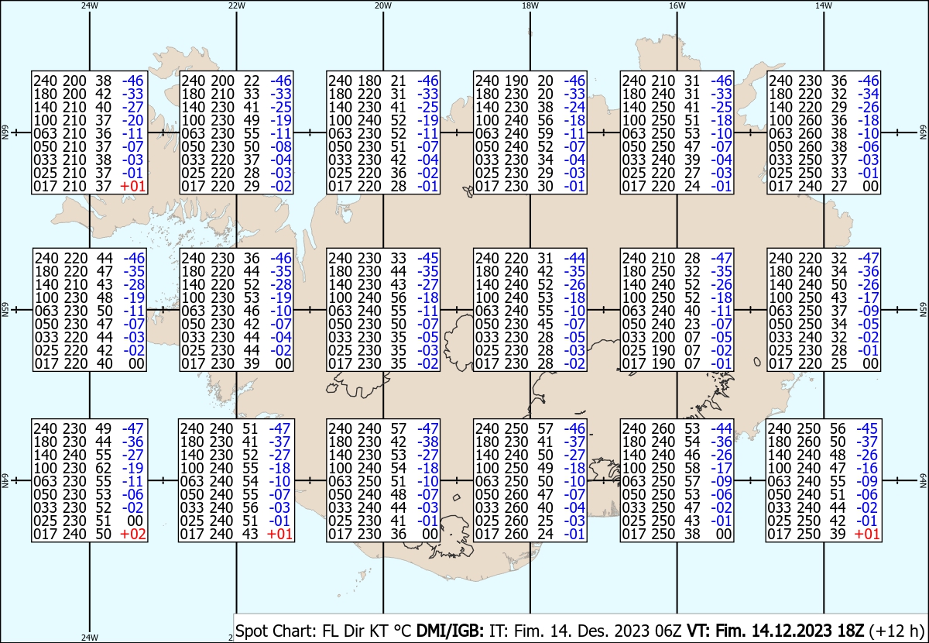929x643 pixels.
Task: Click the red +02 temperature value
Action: (x=132, y=535)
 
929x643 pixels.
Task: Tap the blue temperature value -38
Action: (x=427, y=442)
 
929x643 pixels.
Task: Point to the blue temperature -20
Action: (x=132, y=121)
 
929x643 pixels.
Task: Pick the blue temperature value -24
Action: (x=574, y=108)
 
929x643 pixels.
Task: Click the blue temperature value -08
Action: (x=281, y=147)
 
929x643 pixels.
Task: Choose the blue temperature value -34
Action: (x=868, y=95)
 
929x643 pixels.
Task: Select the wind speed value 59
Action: (x=545, y=134)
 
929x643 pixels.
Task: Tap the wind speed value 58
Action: (x=692, y=468)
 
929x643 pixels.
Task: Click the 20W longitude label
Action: (x=383, y=6)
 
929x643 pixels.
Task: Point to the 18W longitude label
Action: (x=530, y=6)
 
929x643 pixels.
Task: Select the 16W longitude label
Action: (x=677, y=6)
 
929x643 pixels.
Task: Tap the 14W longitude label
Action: (x=824, y=6)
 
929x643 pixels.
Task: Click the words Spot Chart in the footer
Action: (x=276, y=631)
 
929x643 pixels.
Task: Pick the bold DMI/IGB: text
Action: (x=450, y=631)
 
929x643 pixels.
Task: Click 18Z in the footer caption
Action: (x=850, y=631)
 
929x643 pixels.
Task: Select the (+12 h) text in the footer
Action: (x=896, y=631)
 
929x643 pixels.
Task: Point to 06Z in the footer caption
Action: (x=669, y=631)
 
